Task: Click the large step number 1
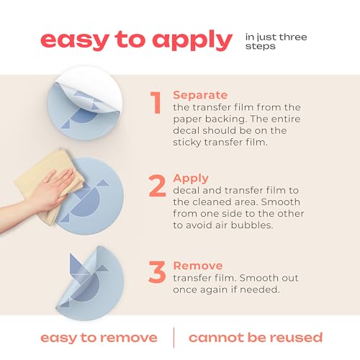click(156, 103)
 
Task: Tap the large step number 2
click(157, 186)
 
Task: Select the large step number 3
click(157, 271)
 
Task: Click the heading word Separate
click(200, 96)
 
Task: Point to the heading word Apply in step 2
click(191, 179)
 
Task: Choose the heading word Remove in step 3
click(198, 266)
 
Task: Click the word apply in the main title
click(192, 41)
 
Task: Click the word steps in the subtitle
click(260, 46)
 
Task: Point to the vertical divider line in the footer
click(174, 338)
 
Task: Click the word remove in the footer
click(128, 338)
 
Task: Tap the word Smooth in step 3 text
click(258, 278)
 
